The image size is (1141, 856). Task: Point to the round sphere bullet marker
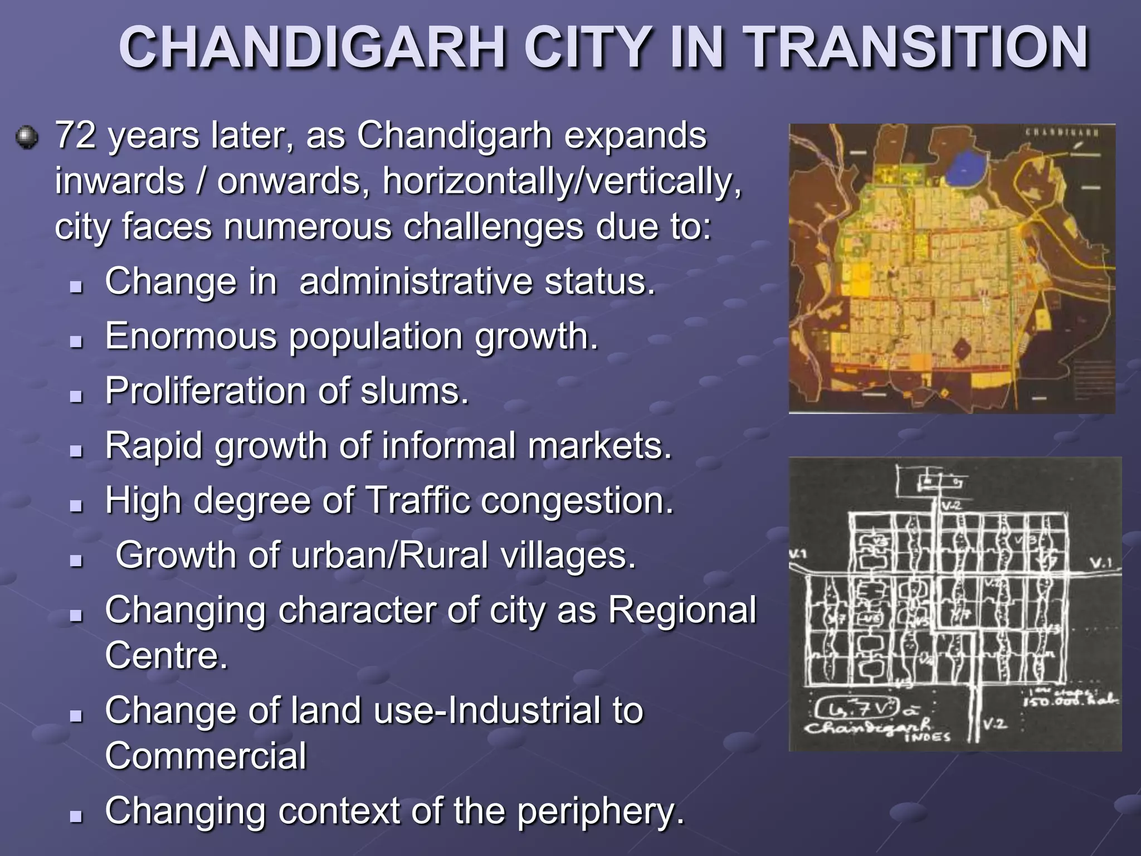[27, 137]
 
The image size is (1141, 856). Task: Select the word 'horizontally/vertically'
[562, 181]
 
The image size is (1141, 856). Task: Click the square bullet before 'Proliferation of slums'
[76, 396]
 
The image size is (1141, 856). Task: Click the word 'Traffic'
[418, 500]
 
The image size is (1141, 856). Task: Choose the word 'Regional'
[682, 610]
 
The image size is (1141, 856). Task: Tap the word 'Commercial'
[206, 756]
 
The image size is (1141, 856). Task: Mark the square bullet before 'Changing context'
[76, 816]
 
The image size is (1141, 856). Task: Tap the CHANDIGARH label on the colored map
[1062, 133]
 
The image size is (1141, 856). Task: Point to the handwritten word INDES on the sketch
[927, 737]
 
